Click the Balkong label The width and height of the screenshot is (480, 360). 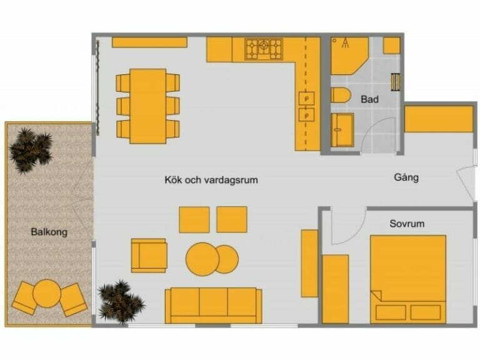[x=49, y=232]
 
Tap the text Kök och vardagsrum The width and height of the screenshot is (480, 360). [x=211, y=180]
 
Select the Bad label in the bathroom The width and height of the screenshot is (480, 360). [x=369, y=99]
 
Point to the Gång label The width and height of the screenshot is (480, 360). [x=406, y=177]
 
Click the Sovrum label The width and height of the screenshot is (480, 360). [x=406, y=223]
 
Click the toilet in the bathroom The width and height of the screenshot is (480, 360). [x=341, y=97]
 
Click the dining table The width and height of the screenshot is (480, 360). [x=148, y=105]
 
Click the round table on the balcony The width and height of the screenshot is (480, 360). [x=46, y=292]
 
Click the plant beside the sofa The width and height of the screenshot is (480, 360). [x=121, y=301]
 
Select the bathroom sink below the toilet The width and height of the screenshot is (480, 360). [x=342, y=129]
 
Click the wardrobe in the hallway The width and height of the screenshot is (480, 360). [x=439, y=119]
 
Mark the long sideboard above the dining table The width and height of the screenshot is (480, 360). [x=149, y=42]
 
